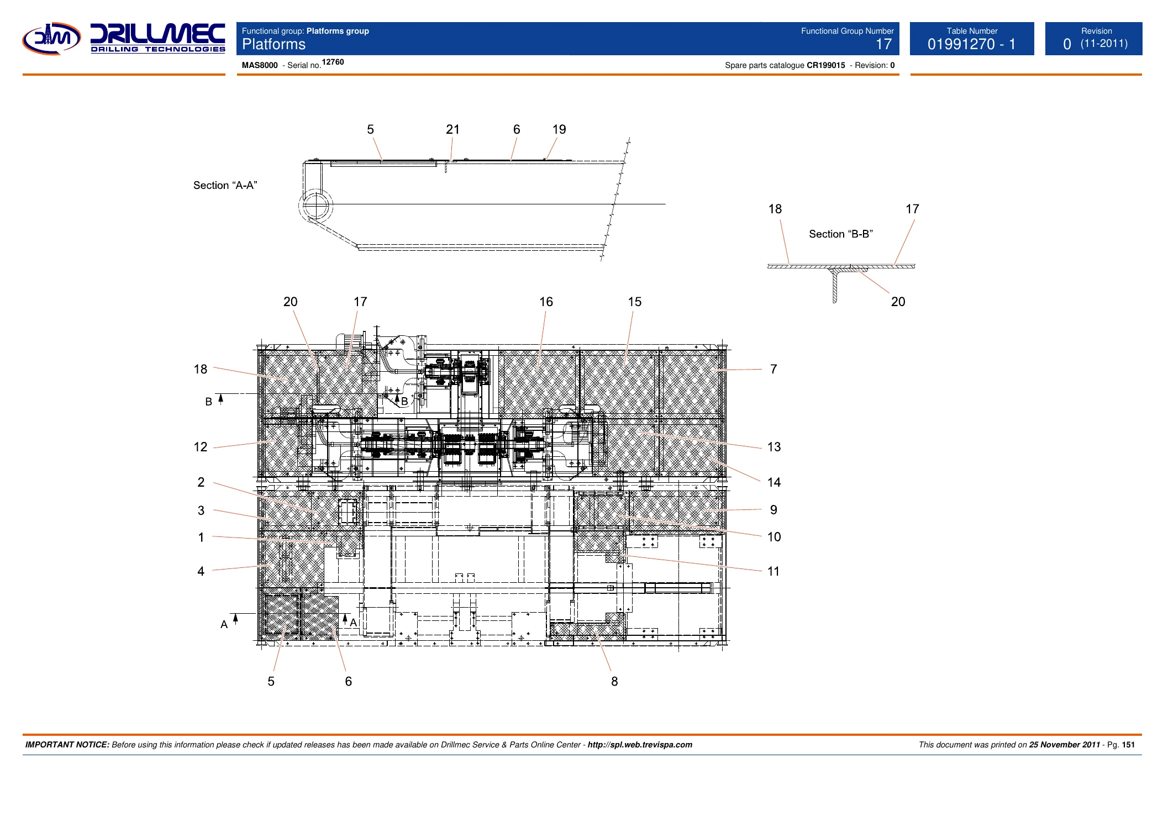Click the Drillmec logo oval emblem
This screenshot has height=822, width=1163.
click(x=51, y=39)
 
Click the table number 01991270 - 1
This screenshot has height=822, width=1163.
click(x=971, y=44)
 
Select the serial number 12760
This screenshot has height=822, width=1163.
click(x=333, y=62)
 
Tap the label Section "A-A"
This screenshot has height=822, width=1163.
click(x=225, y=186)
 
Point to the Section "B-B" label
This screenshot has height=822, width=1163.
click(x=841, y=234)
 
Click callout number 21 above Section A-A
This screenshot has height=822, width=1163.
click(x=452, y=129)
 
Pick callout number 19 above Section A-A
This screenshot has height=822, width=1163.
click(x=559, y=129)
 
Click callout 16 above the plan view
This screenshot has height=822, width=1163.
click(x=546, y=302)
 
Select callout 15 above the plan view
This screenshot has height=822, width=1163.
click(x=634, y=302)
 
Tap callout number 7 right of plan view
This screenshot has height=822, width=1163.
click(x=773, y=369)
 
